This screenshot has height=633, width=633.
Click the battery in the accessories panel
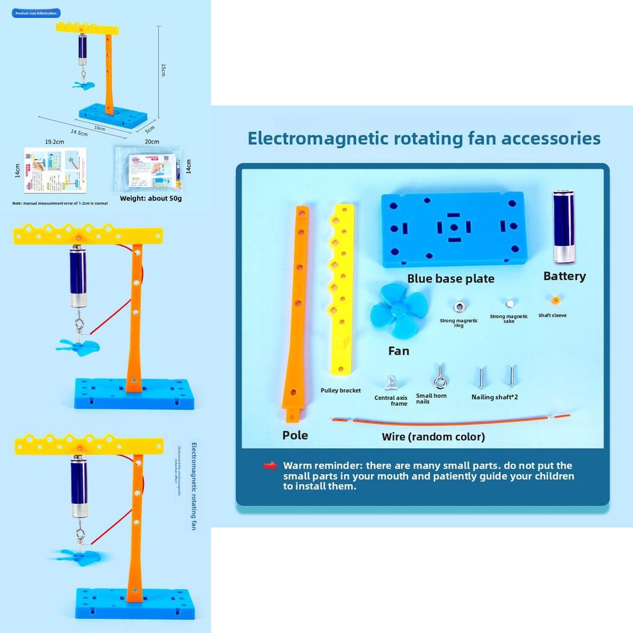[563, 227]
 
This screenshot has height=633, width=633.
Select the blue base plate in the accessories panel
[453, 229]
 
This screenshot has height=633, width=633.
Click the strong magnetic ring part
[459, 306]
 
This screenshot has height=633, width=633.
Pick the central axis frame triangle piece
[391, 383]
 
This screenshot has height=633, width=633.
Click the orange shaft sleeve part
[555, 300]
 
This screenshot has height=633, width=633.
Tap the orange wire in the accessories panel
[451, 422]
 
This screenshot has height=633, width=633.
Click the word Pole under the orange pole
[295, 435]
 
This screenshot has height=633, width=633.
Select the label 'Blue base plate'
[451, 279]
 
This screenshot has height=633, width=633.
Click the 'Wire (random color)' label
[433, 437]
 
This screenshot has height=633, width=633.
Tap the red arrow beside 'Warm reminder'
[270, 465]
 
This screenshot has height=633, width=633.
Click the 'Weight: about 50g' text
[151, 198]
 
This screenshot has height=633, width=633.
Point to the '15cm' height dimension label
[164, 70]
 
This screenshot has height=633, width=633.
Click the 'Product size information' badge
[36, 12]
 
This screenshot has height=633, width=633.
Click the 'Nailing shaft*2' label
[495, 397]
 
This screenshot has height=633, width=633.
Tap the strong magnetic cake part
[509, 304]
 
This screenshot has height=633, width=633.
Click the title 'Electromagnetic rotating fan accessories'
[424, 138]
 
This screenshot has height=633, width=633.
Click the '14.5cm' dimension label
[79, 132]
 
